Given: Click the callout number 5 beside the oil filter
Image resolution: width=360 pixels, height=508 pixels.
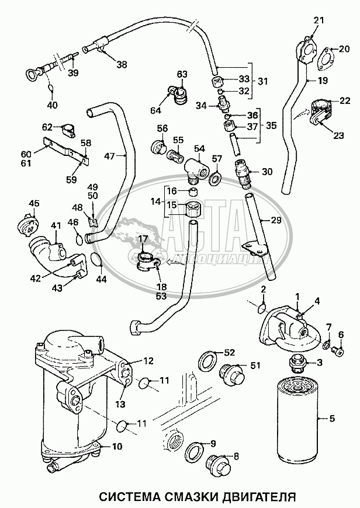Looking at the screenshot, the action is coord(332,419).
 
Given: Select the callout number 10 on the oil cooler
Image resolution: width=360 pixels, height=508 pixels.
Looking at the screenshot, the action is coord(117,447).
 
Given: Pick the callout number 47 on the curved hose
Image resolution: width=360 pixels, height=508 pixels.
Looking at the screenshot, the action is coord(110,156).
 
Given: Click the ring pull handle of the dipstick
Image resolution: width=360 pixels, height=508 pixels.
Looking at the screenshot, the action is coord(32,75).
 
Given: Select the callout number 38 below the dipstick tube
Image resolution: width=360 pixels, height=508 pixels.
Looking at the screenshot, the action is coord(122,64).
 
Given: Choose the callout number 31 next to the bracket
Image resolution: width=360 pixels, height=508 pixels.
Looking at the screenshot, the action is coord(263,81).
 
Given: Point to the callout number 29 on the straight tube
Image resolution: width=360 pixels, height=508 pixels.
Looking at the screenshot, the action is coord(275,220).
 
